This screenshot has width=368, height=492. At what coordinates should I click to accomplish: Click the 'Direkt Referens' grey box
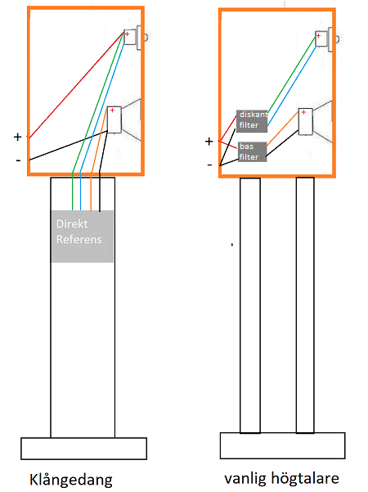(82, 236)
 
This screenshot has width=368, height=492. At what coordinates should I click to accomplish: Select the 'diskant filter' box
(252, 121)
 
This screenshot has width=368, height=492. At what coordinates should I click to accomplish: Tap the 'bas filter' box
(253, 152)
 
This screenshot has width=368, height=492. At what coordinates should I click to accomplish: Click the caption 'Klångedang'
(71, 480)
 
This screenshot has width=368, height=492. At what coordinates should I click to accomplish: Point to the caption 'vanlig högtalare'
(282, 479)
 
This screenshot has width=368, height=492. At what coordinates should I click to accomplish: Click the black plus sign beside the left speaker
(17, 137)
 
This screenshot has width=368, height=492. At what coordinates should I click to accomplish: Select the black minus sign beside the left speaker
(18, 160)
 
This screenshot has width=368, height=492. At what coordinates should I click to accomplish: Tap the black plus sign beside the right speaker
(209, 142)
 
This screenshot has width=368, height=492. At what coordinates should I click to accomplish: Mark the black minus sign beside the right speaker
(209, 165)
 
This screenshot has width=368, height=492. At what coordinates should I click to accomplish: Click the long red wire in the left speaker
(76, 84)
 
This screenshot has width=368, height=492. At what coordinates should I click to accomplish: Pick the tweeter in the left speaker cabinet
(136, 38)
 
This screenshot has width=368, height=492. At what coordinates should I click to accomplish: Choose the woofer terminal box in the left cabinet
(114, 120)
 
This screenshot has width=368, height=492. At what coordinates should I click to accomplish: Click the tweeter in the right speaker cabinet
(327, 39)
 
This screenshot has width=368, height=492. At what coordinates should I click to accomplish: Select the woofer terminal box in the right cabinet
(305, 121)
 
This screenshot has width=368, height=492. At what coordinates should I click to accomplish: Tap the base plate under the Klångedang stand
(83, 449)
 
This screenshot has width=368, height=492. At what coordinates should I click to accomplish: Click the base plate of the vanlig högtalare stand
(282, 445)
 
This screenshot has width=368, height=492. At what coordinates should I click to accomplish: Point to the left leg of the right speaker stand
(250, 305)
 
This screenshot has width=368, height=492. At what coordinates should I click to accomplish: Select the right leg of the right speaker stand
(305, 305)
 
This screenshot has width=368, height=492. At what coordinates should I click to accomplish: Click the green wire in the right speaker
(291, 74)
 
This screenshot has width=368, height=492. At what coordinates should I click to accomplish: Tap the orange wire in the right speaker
(282, 129)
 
